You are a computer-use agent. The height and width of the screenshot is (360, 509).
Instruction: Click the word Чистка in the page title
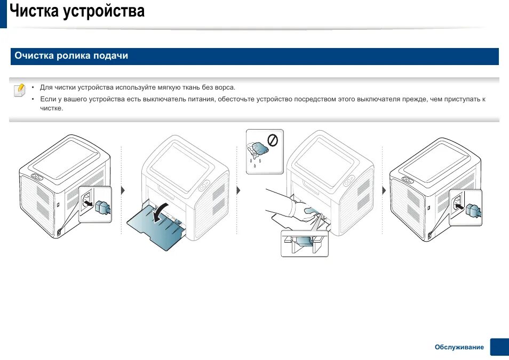pyautogui.click(x=34, y=11)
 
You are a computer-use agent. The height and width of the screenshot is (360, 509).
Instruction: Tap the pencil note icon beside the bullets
pyautogui.click(x=19, y=89)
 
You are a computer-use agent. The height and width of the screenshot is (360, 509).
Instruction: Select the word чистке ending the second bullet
pyautogui.click(x=51, y=108)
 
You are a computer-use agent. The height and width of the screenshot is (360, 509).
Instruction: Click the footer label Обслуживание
pyautogui.click(x=459, y=347)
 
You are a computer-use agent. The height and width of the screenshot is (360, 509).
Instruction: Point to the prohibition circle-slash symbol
pyautogui.click(x=273, y=140)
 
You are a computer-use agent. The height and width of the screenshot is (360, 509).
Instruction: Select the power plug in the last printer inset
pyautogui.click(x=471, y=210)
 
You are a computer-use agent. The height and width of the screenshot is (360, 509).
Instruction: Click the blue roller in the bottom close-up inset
pyautogui.click(x=303, y=241)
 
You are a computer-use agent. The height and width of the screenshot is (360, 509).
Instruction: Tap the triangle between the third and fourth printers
pyautogui.click(x=383, y=190)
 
